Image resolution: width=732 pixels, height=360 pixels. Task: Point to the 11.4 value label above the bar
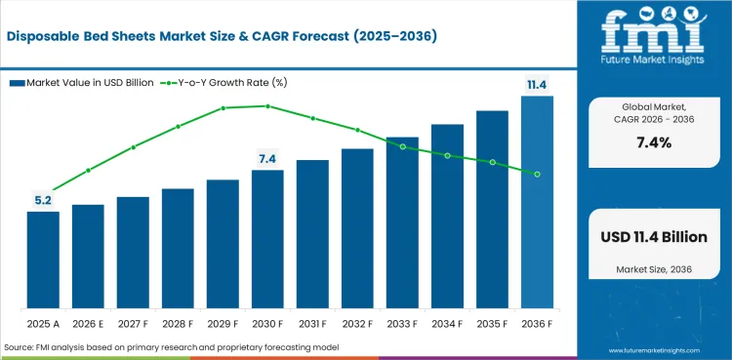(x=537, y=86)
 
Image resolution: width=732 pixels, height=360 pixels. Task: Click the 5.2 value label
(x=43, y=200)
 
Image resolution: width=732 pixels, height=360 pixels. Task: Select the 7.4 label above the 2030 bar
(x=267, y=159)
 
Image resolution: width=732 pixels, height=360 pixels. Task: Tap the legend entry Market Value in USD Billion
(x=82, y=83)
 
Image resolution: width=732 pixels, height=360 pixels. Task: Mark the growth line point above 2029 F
(x=223, y=108)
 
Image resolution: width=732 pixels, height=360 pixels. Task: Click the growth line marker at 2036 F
(x=537, y=174)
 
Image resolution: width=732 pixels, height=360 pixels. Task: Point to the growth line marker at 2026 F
(x=88, y=171)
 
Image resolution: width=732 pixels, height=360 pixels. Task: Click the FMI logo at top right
(x=653, y=38)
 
